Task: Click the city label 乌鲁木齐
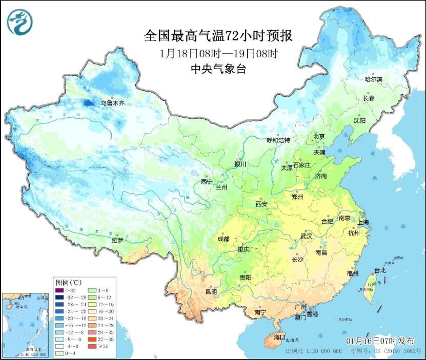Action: tap(112, 103)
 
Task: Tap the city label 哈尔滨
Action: tap(373, 79)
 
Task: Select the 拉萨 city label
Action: tap(117, 240)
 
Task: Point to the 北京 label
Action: tap(319, 136)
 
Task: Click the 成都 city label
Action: tap(223, 239)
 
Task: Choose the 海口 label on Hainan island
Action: tap(279, 337)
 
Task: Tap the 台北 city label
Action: tap(379, 270)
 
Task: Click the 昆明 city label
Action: tap(211, 292)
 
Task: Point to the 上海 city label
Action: tap(363, 222)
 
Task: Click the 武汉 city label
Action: tap(307, 236)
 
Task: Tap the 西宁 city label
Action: tap(207, 182)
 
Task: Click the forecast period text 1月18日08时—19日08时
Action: tap(218, 53)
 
